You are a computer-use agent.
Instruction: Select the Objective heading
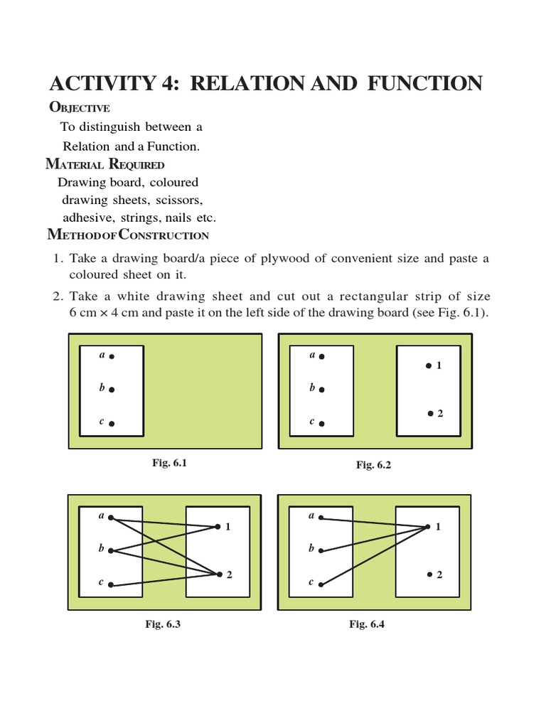(79, 107)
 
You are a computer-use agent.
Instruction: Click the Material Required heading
(105, 164)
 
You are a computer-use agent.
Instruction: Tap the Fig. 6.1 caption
(169, 463)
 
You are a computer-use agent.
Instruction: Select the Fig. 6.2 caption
(374, 465)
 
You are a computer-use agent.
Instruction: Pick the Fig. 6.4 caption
(367, 624)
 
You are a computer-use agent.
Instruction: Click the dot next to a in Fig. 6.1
(112, 356)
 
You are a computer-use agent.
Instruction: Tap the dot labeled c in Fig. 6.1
(112, 424)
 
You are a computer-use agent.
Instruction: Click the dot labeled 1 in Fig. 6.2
(428, 365)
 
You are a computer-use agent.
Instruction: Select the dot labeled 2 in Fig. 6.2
(430, 413)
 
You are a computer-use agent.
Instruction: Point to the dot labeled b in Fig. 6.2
(322, 390)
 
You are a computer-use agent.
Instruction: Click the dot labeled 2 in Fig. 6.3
(220, 574)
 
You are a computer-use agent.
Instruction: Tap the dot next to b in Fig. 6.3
(112, 551)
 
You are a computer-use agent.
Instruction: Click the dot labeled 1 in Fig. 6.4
(428, 527)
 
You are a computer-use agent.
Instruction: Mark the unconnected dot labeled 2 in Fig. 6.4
(429, 574)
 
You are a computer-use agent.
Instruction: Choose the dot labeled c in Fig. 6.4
(321, 584)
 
